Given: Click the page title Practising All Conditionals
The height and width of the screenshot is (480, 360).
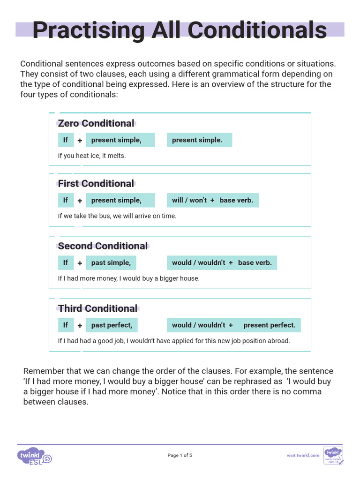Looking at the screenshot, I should click(180, 30).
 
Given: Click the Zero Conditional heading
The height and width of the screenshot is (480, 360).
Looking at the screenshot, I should click(96, 123).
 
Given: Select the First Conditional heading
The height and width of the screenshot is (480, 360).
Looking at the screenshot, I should click(96, 183).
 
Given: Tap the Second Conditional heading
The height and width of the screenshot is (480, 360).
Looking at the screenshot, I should click(103, 246).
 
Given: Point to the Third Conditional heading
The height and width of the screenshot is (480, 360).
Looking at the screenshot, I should click(98, 308).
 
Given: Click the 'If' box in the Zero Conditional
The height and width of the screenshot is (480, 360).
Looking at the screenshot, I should click(65, 140).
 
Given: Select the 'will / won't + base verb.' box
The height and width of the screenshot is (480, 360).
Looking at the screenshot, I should click(212, 200).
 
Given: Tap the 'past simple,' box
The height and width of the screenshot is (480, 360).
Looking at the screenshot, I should click(111, 262).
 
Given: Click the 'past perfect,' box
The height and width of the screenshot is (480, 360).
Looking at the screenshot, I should click(112, 325).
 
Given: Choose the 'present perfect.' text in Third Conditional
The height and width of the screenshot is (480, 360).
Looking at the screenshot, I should click(270, 325).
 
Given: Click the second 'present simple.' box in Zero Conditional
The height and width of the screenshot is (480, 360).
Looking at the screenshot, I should click(199, 140).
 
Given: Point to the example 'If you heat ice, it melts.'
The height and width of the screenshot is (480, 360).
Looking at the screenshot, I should click(92, 156).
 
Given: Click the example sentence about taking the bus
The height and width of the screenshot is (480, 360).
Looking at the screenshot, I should click(117, 216).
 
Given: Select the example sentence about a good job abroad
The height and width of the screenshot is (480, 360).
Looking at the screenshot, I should click(174, 341).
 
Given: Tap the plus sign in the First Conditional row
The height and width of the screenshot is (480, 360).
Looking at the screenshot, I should click(80, 201).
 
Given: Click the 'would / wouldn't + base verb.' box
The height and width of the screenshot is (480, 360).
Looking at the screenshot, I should click(222, 262).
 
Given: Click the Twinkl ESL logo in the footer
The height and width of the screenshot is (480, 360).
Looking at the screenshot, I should click(34, 456).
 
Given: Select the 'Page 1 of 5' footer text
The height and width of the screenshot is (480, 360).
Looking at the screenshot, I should click(180, 455).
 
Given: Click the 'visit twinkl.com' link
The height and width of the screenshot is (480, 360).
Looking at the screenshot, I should click(303, 455).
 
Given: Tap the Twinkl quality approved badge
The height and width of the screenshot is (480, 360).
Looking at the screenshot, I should click(333, 455).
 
